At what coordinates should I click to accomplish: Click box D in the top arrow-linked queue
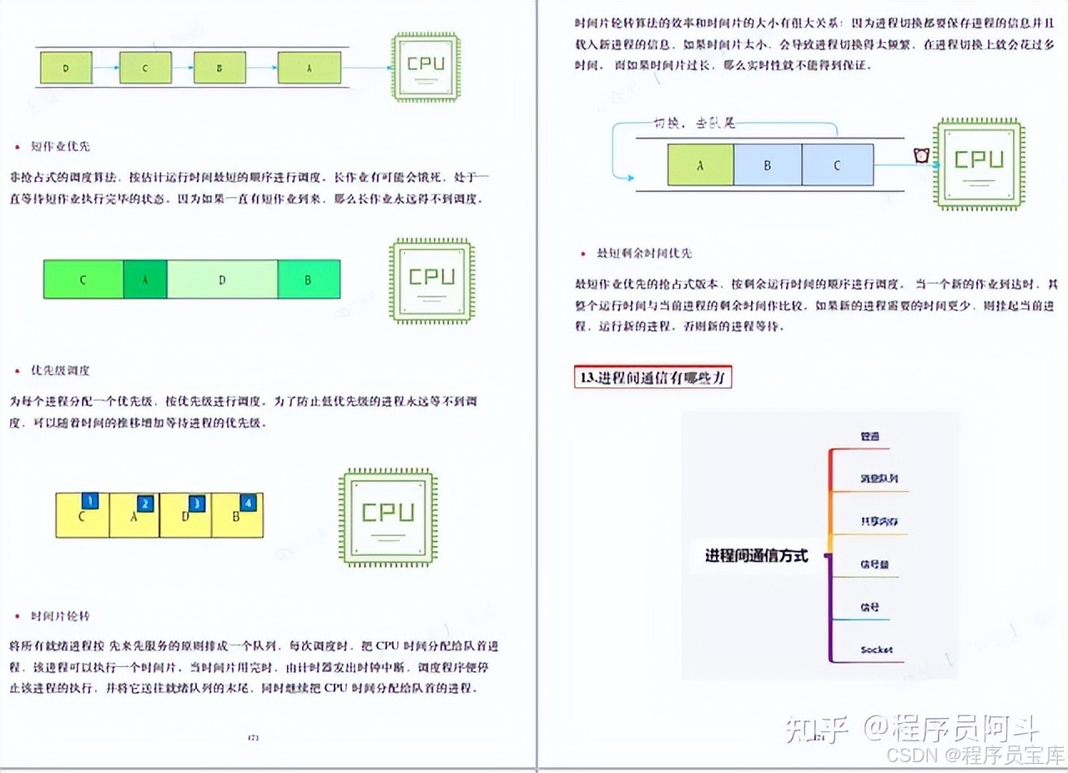coord(66,68)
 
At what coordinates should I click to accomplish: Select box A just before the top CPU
coord(309,68)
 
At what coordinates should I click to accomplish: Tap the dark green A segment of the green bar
coord(144,280)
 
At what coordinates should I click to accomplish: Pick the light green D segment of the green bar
coord(222,280)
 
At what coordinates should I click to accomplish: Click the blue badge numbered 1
coord(91,501)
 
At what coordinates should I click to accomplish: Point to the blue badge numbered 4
coord(247,503)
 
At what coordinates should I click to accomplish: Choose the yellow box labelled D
coord(185,515)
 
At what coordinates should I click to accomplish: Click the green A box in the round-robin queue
coord(700,164)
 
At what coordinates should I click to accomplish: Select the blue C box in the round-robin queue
coord(837,164)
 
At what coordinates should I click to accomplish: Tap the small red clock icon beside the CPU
coord(921,155)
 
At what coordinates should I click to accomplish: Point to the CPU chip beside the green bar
coord(431,280)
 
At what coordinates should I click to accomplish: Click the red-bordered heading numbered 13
coord(653,376)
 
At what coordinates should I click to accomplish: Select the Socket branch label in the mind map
coord(876,649)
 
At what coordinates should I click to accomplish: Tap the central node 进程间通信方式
coord(756,556)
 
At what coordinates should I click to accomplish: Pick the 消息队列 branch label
coord(879,479)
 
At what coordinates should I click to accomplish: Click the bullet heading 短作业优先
coord(60,146)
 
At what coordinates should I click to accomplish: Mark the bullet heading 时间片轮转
coord(60,616)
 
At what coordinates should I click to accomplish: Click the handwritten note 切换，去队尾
coord(694,124)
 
